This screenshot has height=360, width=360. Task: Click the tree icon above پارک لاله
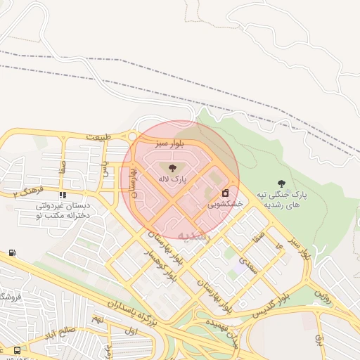click(173, 167)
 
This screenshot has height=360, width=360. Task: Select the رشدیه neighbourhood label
click(194, 236)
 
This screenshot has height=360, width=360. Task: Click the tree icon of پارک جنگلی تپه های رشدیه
click(282, 183)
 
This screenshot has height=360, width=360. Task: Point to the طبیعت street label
click(99, 136)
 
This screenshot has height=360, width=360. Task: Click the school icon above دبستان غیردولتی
click(63, 195)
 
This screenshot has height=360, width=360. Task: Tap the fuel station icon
click(12, 252)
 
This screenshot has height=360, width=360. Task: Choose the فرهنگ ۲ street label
click(28, 191)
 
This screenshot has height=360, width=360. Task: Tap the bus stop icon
click(17, 349)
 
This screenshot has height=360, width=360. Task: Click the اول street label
click(130, 330)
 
